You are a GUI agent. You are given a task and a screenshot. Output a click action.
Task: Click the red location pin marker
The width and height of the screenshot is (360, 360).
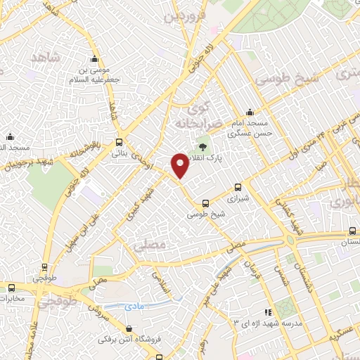point(180,165)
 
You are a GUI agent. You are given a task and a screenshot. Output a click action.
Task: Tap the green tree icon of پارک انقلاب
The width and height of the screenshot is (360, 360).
point(202,147)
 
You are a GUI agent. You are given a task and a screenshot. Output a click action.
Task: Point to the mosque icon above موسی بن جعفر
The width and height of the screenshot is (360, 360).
point(95,59)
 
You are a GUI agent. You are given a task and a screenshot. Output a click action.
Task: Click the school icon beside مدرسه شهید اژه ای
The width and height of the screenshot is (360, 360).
point(266,312)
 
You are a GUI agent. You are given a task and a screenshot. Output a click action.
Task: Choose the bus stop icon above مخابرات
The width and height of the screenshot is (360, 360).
point(11,287)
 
